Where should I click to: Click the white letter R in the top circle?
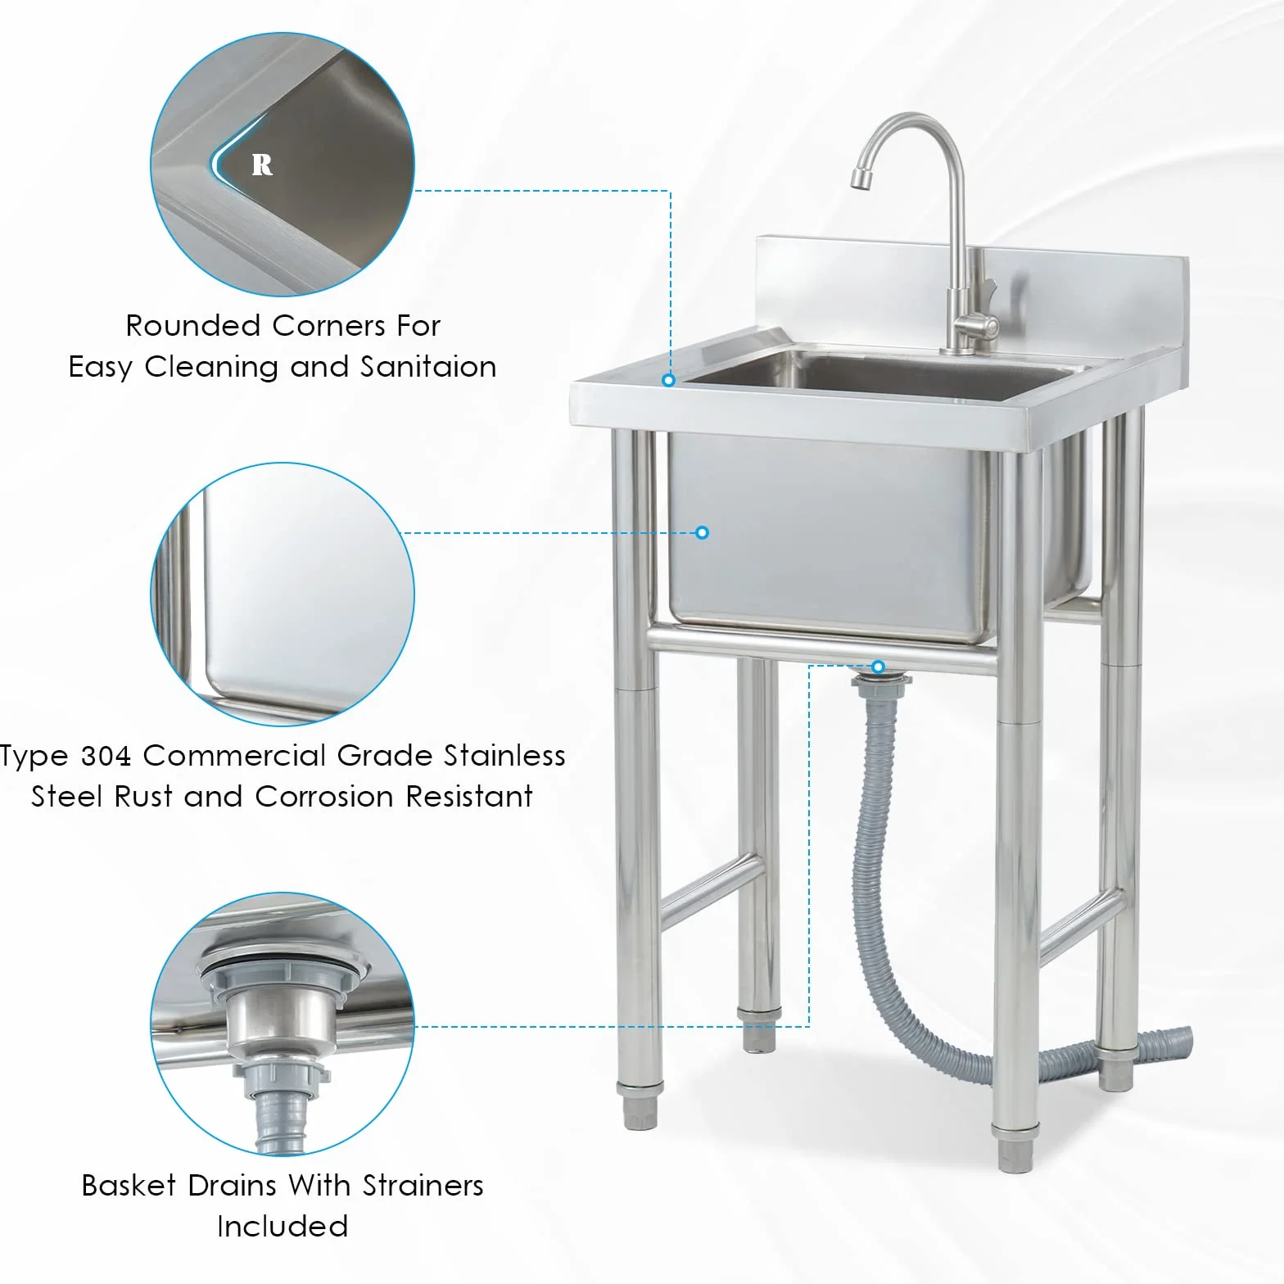click(x=262, y=165)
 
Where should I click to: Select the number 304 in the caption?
click(x=106, y=756)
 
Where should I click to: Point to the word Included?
click(x=283, y=1227)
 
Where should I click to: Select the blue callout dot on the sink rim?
click(x=669, y=380)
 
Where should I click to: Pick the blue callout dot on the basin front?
click(x=702, y=532)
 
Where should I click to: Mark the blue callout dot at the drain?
click(x=878, y=667)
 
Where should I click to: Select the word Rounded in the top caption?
click(x=194, y=326)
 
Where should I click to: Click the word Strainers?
click(x=423, y=1186)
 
